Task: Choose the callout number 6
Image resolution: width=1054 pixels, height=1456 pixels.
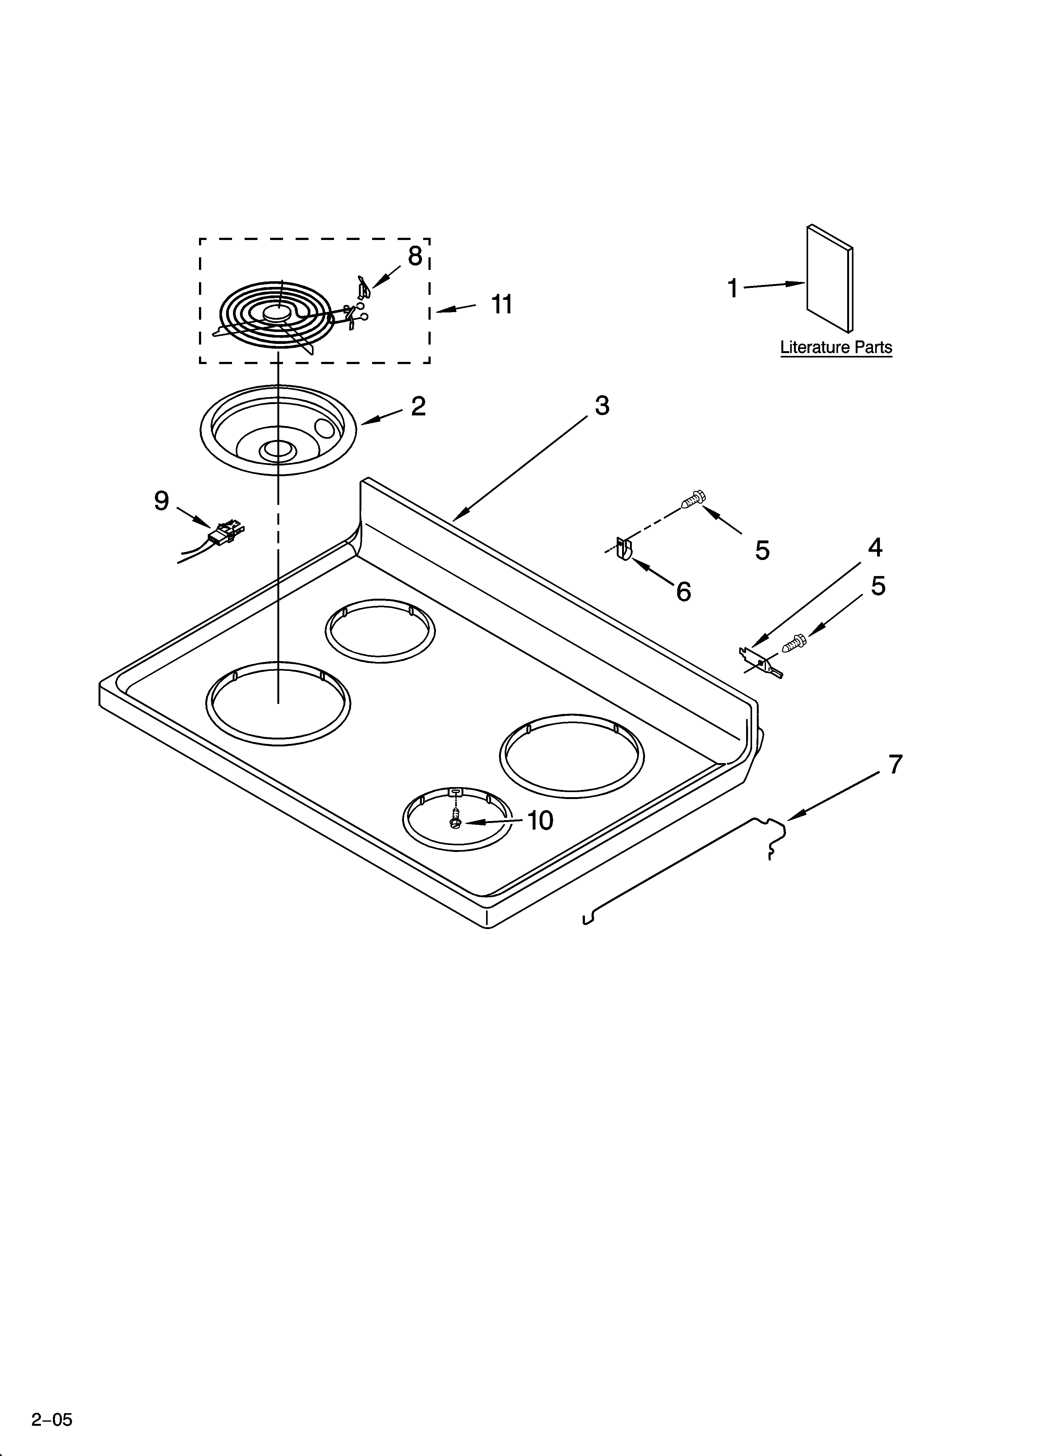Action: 684,591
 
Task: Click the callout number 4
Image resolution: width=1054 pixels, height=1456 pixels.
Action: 875,548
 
